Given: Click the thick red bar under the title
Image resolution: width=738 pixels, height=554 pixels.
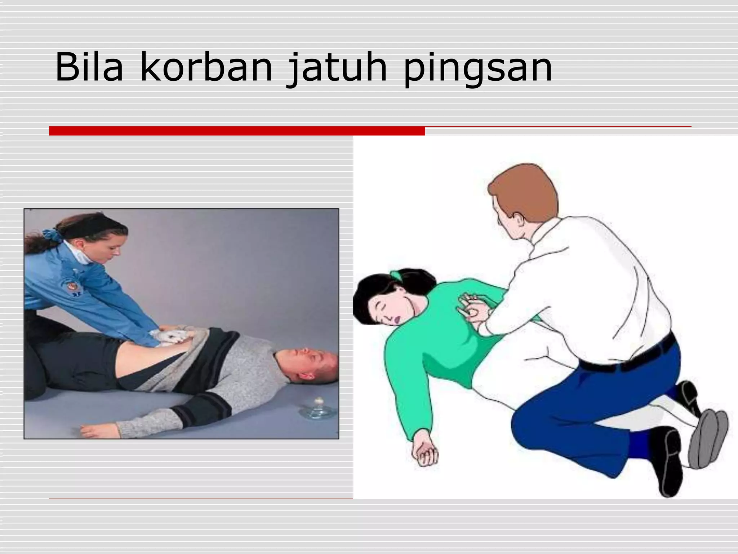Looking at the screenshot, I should click(237, 131).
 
